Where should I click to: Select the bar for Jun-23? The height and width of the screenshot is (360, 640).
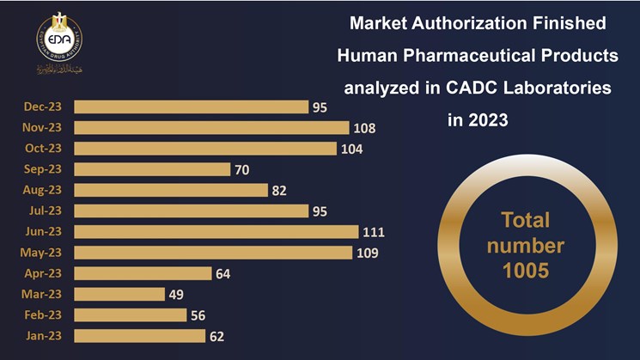click(216, 232)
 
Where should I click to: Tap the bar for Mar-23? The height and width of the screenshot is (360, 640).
click(119, 294)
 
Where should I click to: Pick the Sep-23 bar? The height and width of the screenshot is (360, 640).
click(152, 169)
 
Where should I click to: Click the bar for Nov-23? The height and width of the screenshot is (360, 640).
click(212, 128)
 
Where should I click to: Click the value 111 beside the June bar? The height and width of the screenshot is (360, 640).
click(374, 233)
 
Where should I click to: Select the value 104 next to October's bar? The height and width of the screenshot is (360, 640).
click(351, 149)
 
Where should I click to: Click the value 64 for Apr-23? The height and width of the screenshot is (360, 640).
click(222, 274)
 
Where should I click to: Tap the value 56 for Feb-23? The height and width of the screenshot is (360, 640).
click(198, 315)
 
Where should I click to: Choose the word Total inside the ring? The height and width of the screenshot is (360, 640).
click(525, 220)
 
